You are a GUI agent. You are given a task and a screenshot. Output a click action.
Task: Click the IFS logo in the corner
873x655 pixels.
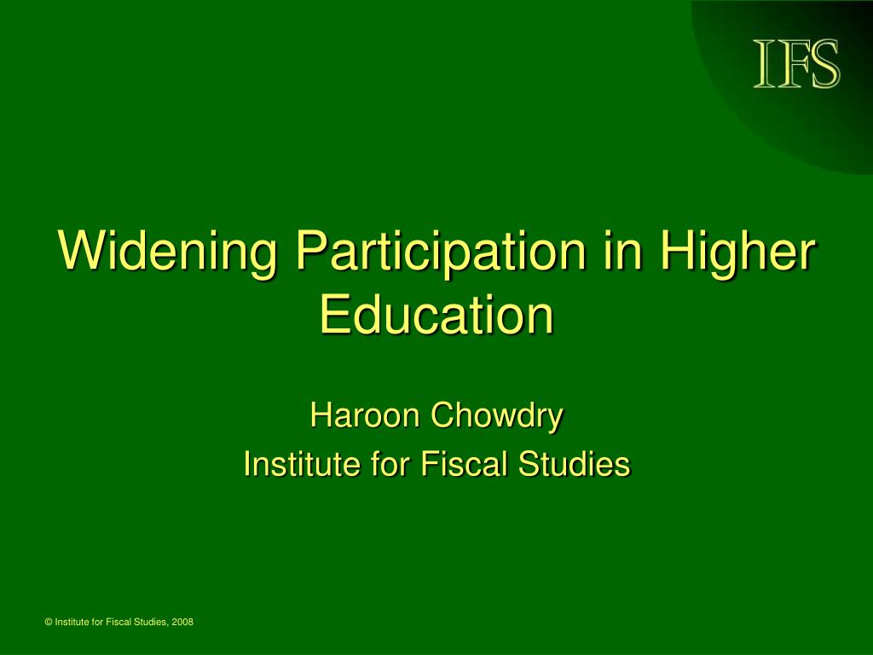tap(797, 63)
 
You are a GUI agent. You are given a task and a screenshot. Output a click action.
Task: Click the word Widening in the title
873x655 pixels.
tap(168, 252)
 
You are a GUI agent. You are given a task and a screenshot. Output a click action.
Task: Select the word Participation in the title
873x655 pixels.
tap(441, 252)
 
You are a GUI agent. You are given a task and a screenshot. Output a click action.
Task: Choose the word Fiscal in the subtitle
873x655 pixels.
tap(463, 464)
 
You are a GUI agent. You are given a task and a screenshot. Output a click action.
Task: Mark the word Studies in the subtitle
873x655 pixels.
tap(574, 464)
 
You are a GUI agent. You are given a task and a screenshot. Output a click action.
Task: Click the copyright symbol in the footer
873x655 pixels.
tap(49, 622)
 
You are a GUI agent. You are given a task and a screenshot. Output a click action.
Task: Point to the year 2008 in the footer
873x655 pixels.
tap(182, 622)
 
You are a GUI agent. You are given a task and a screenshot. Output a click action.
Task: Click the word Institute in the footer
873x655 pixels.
tap(72, 622)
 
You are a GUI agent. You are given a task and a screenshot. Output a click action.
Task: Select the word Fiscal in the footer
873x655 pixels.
tap(116, 622)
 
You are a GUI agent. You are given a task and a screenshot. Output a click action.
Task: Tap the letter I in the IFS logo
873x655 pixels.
tap(764, 63)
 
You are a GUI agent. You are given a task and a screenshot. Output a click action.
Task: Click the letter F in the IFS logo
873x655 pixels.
tap(791, 63)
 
